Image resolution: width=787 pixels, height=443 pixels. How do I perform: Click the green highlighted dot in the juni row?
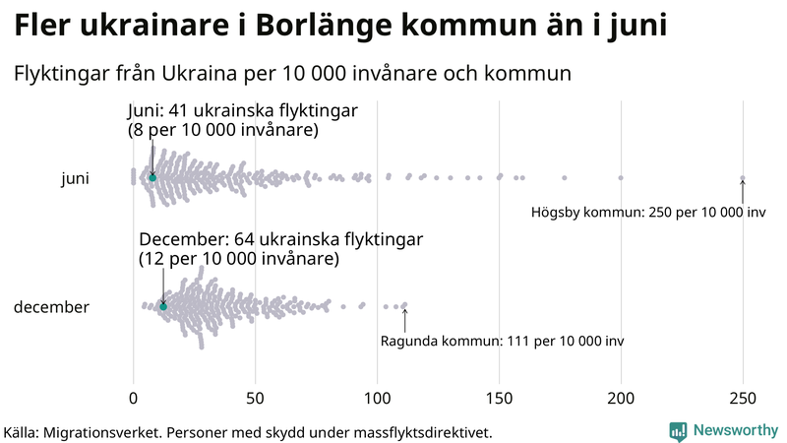pyautogui.click(x=152, y=177)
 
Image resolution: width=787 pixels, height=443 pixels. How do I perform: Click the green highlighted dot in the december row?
pyautogui.click(x=163, y=307)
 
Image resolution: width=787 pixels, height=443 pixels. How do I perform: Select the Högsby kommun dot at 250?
pyautogui.click(x=743, y=178)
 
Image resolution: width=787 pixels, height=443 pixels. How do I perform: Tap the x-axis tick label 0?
pyautogui.click(x=134, y=399)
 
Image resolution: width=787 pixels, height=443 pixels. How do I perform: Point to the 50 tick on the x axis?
pyautogui.click(x=256, y=399)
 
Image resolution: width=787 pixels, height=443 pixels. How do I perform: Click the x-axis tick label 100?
pyautogui.click(x=377, y=399)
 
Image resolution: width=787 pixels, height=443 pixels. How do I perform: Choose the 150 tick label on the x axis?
pyautogui.click(x=499, y=399)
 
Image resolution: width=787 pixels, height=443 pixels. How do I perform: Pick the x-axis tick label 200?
pyautogui.click(x=621, y=399)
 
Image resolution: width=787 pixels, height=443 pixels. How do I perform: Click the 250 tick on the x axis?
pyautogui.click(x=743, y=399)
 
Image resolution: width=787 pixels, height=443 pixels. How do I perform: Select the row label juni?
pyautogui.click(x=76, y=178)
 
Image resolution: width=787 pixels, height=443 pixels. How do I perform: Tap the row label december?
pyautogui.click(x=51, y=307)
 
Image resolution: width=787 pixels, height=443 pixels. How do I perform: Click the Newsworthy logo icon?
pyautogui.click(x=678, y=430)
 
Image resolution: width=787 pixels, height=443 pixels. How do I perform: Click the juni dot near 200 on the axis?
pyautogui.click(x=621, y=178)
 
